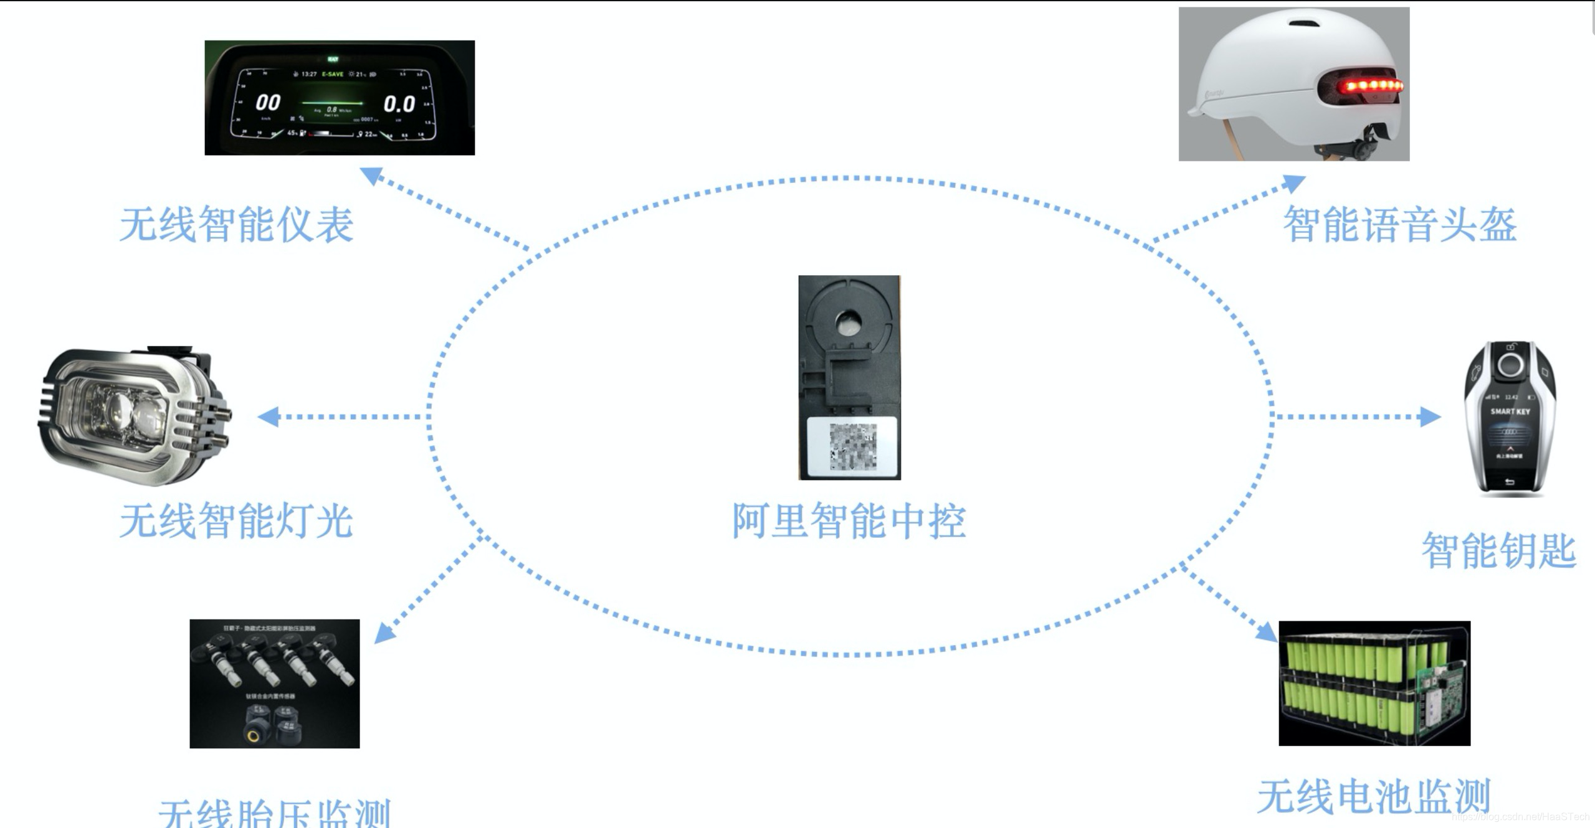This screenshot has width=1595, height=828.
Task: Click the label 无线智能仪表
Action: [x=237, y=225]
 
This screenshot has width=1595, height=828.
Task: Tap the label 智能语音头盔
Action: [x=1399, y=225]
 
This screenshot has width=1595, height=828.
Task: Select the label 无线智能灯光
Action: [x=237, y=520]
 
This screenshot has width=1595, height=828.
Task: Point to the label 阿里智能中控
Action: [x=849, y=520]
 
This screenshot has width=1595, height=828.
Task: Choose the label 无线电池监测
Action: [x=1373, y=796]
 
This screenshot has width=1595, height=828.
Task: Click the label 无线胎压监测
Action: [x=274, y=813]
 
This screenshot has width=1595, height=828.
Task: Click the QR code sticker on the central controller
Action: [x=852, y=446]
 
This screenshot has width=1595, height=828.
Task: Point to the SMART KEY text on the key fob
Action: [x=1510, y=412]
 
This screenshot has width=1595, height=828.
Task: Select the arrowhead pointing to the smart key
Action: [x=1431, y=416]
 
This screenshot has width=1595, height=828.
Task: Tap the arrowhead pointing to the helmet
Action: [x=1295, y=183]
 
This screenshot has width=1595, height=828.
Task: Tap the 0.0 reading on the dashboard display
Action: [x=399, y=104]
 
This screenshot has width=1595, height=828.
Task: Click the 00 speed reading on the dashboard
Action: [x=268, y=103]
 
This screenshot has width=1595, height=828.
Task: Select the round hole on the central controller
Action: [x=848, y=322]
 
